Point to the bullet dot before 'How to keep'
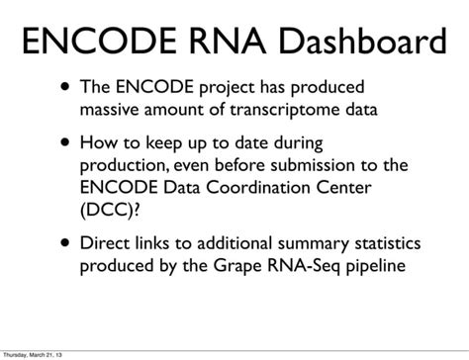click(x=64, y=141)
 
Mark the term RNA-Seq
click(x=291, y=266)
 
